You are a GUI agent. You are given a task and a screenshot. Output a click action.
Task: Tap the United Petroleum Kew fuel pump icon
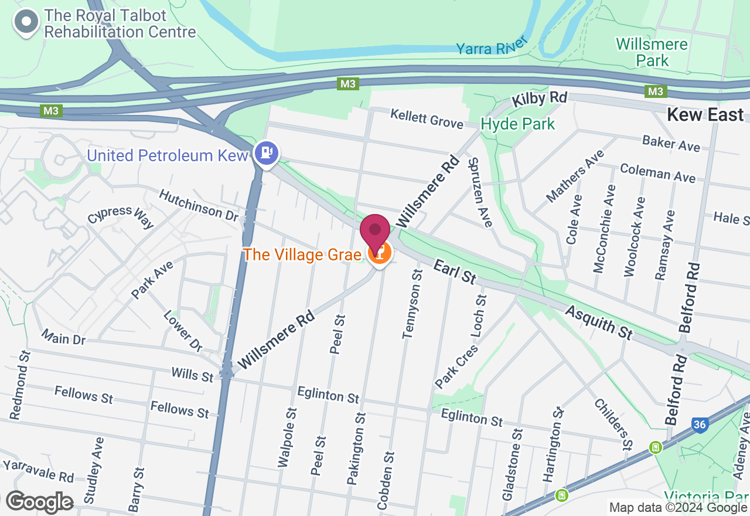point(267,154)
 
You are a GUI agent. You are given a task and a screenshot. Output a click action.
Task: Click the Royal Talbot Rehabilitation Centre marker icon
point(26,23)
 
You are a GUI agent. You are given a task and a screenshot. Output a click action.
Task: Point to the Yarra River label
point(492,46)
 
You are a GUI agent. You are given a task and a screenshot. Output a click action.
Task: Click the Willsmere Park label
point(652,52)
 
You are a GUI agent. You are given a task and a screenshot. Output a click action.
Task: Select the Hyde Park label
point(517,124)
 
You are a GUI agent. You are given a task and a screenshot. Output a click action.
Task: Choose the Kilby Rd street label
point(539,99)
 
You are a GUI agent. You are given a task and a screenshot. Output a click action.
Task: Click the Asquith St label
point(599,322)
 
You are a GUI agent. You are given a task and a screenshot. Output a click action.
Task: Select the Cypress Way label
point(121,216)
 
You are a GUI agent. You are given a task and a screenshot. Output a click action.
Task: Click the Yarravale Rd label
point(38,470)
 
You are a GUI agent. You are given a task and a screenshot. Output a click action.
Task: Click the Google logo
point(39,502)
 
